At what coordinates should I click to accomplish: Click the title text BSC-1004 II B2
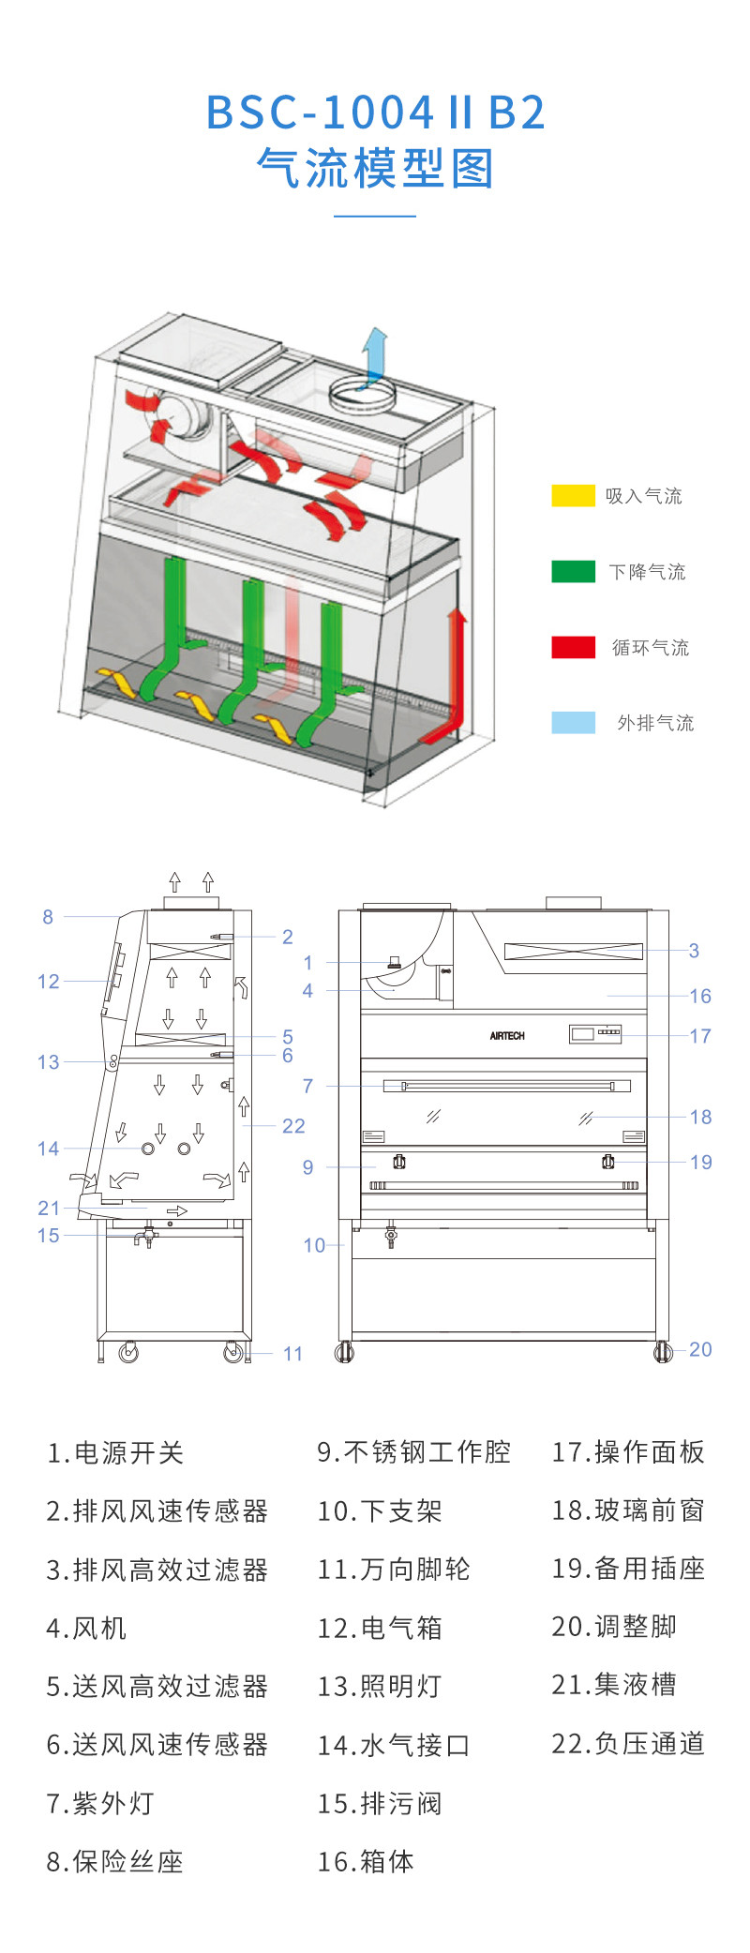[375, 113]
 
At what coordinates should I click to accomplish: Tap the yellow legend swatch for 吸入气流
[573, 496]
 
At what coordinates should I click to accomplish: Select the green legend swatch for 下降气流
[573, 571]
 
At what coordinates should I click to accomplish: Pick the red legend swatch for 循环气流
[573, 647]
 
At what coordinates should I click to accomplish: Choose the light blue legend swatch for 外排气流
[573, 722]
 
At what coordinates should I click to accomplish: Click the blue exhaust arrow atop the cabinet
[376, 353]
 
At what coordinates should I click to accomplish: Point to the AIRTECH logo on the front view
[507, 1036]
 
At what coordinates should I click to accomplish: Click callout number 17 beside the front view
[699, 1036]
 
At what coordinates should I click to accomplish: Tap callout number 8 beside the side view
[48, 917]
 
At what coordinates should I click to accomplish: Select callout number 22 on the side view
[293, 1126]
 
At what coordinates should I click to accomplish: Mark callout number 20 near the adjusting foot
[700, 1349]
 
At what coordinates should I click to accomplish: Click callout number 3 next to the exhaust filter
[694, 951]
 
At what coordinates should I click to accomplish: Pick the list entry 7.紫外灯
[99, 1803]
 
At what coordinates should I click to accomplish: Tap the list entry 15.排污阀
[379, 1803]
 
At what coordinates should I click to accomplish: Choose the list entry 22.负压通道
[627, 1744]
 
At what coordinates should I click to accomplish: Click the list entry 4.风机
[86, 1628]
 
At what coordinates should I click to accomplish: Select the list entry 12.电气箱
[379, 1628]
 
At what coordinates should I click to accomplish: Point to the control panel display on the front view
[595, 1033]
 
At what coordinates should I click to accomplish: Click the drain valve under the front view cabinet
[391, 1237]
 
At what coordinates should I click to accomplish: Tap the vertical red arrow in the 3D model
[457, 666]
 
